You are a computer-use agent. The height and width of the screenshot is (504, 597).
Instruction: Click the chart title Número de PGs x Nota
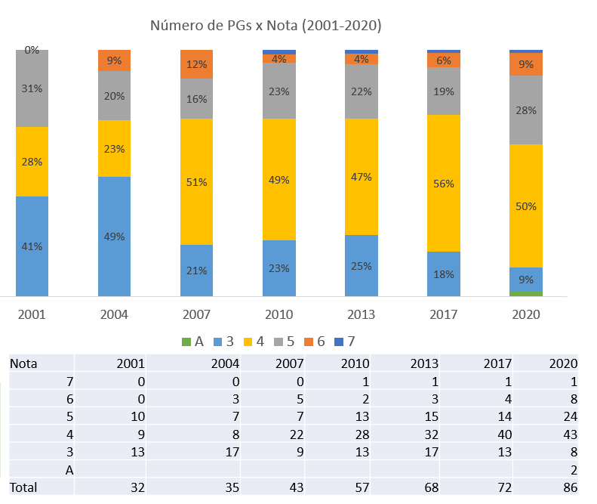266,26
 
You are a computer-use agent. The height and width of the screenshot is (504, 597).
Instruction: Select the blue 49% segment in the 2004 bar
115,236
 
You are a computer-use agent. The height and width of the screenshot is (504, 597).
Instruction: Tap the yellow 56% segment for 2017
444,183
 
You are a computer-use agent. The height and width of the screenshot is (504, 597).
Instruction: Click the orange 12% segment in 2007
197,64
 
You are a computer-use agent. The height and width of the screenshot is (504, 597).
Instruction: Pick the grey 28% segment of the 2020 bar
526,110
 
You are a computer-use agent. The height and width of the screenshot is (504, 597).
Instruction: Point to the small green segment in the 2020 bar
526,293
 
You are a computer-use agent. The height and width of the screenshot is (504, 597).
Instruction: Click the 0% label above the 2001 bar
32,51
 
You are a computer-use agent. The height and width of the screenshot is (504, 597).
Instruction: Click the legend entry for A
193,341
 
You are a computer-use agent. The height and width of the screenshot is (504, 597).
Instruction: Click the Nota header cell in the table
23,363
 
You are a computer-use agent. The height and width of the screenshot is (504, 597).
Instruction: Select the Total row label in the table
23,488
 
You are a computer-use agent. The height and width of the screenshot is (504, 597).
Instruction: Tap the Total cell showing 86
569,488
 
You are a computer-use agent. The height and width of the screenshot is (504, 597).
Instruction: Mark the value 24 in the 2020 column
569,417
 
